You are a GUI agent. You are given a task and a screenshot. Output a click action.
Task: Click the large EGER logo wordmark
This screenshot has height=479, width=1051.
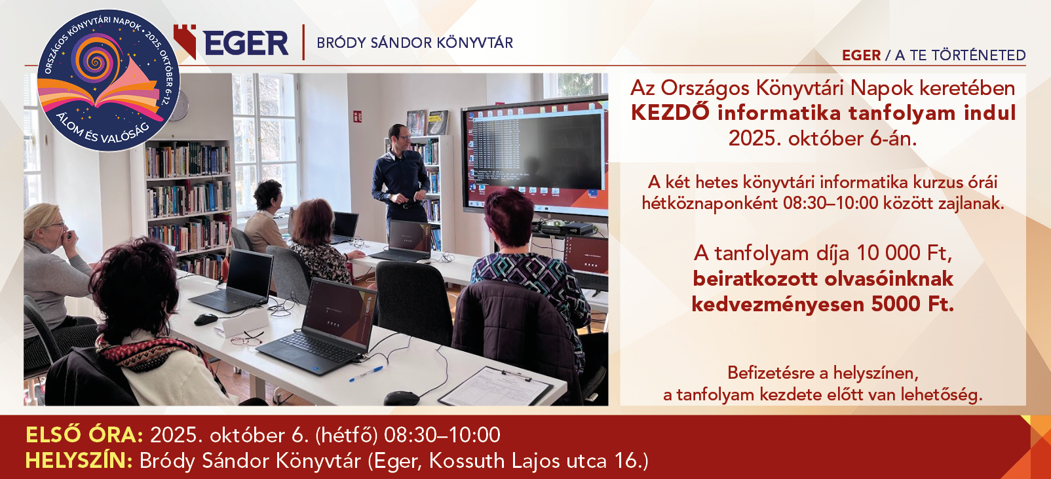pyautogui.click(x=246, y=43)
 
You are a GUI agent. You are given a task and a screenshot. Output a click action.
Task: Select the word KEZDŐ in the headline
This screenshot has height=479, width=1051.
pyautogui.click(x=670, y=113)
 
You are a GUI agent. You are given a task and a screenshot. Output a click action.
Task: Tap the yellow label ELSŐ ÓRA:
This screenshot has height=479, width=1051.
pyautogui.click(x=85, y=435)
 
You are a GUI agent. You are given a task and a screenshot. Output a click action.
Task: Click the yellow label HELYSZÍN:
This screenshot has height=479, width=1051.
pyautogui.click(x=79, y=461)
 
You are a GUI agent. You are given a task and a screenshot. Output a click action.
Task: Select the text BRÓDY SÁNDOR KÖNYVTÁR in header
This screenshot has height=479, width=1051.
pyautogui.click(x=415, y=43)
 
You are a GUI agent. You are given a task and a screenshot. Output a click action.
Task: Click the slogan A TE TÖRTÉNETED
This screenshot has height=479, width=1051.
pyautogui.click(x=961, y=55)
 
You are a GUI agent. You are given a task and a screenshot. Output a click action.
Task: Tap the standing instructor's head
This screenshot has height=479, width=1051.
pyautogui.click(x=399, y=136)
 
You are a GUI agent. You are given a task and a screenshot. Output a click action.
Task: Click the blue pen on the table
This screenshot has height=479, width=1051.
pyautogui.click(x=366, y=374)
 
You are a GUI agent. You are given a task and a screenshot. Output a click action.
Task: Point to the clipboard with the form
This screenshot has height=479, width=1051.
pyautogui.click(x=495, y=387)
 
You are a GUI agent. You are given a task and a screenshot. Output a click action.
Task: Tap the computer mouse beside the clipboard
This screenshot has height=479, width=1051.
pyautogui.click(x=401, y=398)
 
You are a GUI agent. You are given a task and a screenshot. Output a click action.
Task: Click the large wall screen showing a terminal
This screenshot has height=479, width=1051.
pyautogui.click(x=535, y=156)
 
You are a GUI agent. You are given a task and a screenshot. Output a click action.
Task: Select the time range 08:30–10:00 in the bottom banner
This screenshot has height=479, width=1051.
pyautogui.click(x=442, y=435)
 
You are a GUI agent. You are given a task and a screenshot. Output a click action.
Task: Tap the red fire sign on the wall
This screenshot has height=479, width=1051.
pyautogui.click(x=358, y=116)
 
